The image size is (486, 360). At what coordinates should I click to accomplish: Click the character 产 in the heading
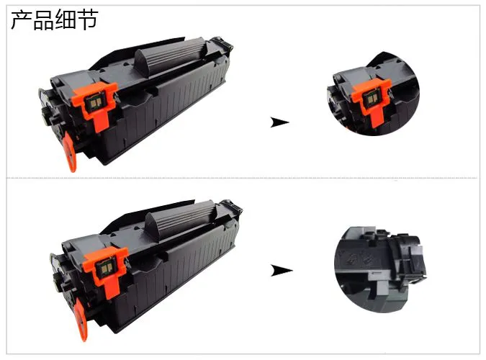(21, 20)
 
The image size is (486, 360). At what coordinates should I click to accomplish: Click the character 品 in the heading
(43, 20)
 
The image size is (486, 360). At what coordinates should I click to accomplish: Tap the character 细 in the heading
(66, 20)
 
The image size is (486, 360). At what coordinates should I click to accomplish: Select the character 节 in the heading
(88, 20)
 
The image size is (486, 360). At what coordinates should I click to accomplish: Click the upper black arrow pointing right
(279, 122)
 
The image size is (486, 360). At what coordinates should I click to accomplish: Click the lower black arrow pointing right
(282, 270)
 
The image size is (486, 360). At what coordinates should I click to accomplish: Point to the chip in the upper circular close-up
(371, 99)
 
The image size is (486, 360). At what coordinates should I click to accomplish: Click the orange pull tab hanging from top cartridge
(70, 151)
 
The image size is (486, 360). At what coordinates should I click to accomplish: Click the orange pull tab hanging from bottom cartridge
(81, 320)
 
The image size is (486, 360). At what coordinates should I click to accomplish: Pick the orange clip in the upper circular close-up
(372, 99)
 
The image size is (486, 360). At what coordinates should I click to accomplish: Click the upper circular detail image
(373, 94)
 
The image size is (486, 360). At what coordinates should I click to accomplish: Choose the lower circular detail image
(380, 269)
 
